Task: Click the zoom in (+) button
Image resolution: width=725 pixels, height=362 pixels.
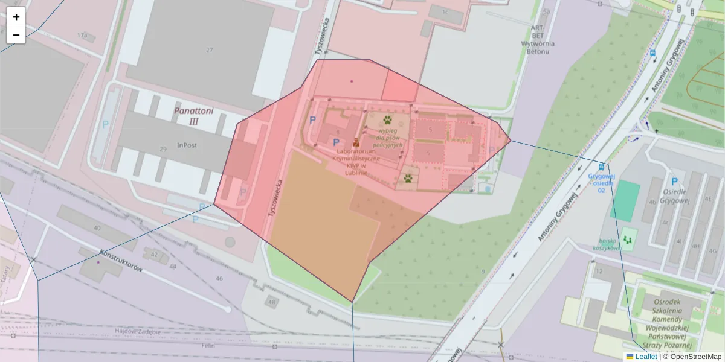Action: (x=16, y=17)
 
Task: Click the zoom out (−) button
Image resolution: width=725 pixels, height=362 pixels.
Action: (x=16, y=35)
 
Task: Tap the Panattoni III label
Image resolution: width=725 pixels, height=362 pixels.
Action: (x=194, y=116)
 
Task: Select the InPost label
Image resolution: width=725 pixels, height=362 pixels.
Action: (x=187, y=145)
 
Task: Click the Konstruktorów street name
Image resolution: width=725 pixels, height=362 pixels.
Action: (x=121, y=261)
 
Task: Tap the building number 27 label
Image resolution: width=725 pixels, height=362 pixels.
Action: (x=210, y=50)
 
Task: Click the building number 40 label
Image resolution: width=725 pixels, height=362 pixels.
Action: (x=97, y=228)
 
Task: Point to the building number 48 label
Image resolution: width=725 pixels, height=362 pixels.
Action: (x=272, y=302)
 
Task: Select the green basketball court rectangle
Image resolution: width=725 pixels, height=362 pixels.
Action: (x=625, y=201)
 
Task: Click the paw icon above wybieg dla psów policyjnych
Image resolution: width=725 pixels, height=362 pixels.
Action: (x=387, y=121)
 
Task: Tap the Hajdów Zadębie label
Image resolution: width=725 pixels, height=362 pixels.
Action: (x=138, y=332)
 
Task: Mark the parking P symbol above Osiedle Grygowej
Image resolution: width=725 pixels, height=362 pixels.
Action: (x=674, y=182)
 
